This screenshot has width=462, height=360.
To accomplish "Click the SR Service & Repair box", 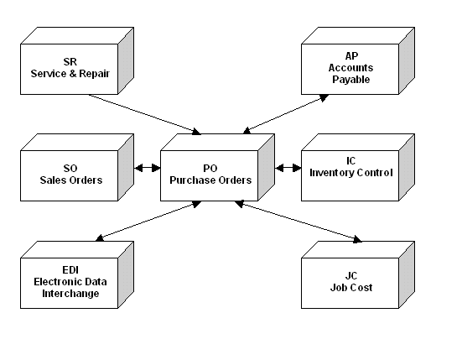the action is point(70,69).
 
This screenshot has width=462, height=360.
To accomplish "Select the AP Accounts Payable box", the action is point(350,69).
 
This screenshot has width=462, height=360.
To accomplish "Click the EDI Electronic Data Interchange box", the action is point(70,283).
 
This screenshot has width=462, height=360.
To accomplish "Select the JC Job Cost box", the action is point(350,283).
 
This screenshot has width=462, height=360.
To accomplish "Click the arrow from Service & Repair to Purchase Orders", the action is point(145,114).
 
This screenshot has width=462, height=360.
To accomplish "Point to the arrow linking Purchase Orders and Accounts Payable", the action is point(286,114).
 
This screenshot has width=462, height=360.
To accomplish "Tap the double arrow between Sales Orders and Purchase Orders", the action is point(148,168).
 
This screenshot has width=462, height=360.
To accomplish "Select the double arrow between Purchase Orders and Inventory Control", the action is point(288,168).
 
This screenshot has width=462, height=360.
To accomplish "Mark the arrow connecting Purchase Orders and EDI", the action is point(148,222).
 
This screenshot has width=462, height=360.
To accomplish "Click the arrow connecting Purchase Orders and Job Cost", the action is point(298,222).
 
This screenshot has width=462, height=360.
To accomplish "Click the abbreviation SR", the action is point(70,62).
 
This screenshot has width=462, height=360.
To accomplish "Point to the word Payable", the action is point(351,80).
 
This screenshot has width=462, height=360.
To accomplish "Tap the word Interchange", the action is point(70,294).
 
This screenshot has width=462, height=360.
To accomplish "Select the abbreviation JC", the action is point(351,276).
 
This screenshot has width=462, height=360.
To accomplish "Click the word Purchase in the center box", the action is point(190,180).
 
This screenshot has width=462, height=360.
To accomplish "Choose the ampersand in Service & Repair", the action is point(73,74).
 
